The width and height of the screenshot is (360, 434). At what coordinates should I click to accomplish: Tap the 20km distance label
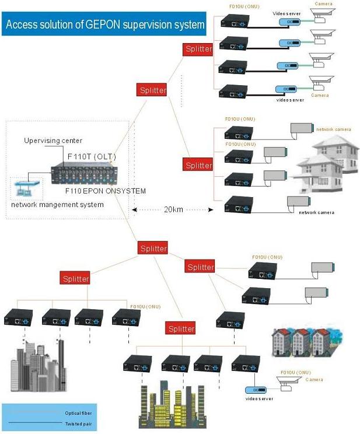click(172, 209)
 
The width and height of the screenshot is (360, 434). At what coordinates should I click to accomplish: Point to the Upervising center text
click(53, 141)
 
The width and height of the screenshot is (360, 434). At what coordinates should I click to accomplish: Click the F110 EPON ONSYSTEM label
click(106, 191)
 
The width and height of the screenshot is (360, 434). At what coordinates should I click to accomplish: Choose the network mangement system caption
click(57, 204)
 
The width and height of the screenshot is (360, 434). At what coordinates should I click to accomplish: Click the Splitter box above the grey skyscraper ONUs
click(76, 278)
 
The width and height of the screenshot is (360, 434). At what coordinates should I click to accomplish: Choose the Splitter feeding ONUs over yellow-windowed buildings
click(181, 328)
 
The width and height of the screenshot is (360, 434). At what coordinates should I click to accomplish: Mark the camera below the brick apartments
click(293, 382)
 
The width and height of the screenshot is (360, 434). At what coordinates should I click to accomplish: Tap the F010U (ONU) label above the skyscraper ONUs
click(145, 306)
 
